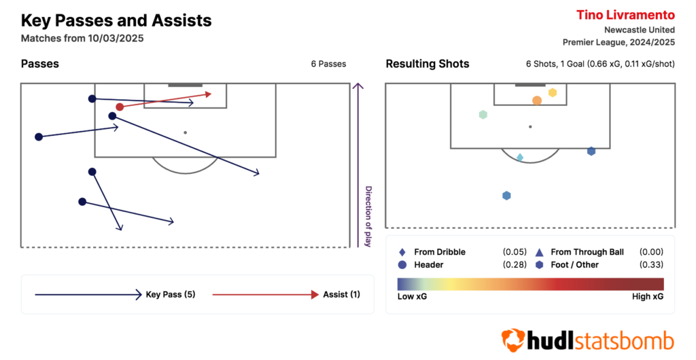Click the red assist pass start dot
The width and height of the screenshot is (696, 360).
pos(120,107)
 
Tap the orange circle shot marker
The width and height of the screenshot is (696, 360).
pos(537,101)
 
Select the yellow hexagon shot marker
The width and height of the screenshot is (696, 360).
pos(553,92)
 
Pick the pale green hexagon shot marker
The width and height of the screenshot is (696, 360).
pos(483,115)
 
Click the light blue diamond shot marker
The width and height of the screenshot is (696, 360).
pos(520,158)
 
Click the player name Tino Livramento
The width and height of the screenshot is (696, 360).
pos(626,15)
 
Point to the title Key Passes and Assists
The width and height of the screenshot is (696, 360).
pos(116,21)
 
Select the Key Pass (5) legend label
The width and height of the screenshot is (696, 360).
pos(171,294)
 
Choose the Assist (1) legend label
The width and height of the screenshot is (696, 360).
pos(341,294)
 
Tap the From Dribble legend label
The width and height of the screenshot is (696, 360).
pos(440,252)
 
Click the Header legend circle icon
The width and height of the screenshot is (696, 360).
pos(402,265)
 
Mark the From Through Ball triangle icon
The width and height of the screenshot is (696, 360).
pos(539,252)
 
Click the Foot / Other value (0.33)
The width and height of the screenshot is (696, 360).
pos(651,265)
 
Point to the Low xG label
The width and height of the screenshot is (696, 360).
pos(413,297)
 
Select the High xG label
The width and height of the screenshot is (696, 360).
pos(648,297)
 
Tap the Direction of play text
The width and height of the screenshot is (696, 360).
pos(368,217)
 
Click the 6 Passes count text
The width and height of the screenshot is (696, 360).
pos(328,64)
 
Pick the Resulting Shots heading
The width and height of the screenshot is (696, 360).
pos(428,64)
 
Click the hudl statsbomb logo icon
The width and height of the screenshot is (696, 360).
pos(514,340)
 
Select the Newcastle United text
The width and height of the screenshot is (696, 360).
pos(640,30)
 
